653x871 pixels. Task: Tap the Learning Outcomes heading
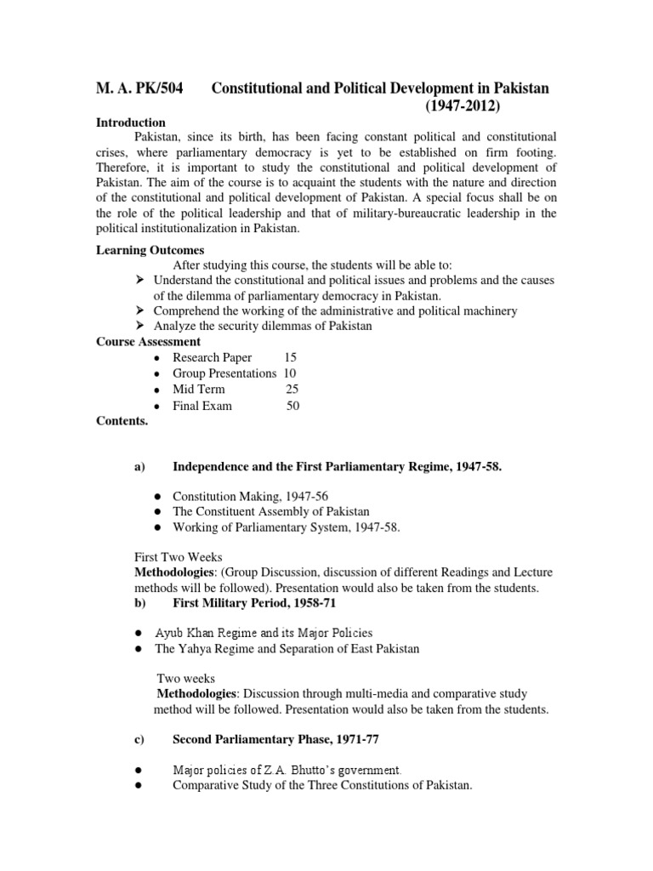150,250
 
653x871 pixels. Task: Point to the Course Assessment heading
148,342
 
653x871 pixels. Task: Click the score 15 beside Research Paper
291,358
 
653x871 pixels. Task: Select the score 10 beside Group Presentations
290,373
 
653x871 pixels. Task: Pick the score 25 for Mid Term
292,390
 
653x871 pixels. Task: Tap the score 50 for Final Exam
292,406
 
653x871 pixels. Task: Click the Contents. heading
122,420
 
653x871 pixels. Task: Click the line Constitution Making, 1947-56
241,496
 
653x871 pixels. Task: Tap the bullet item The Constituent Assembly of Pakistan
271,511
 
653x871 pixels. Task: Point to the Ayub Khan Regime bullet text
264,633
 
